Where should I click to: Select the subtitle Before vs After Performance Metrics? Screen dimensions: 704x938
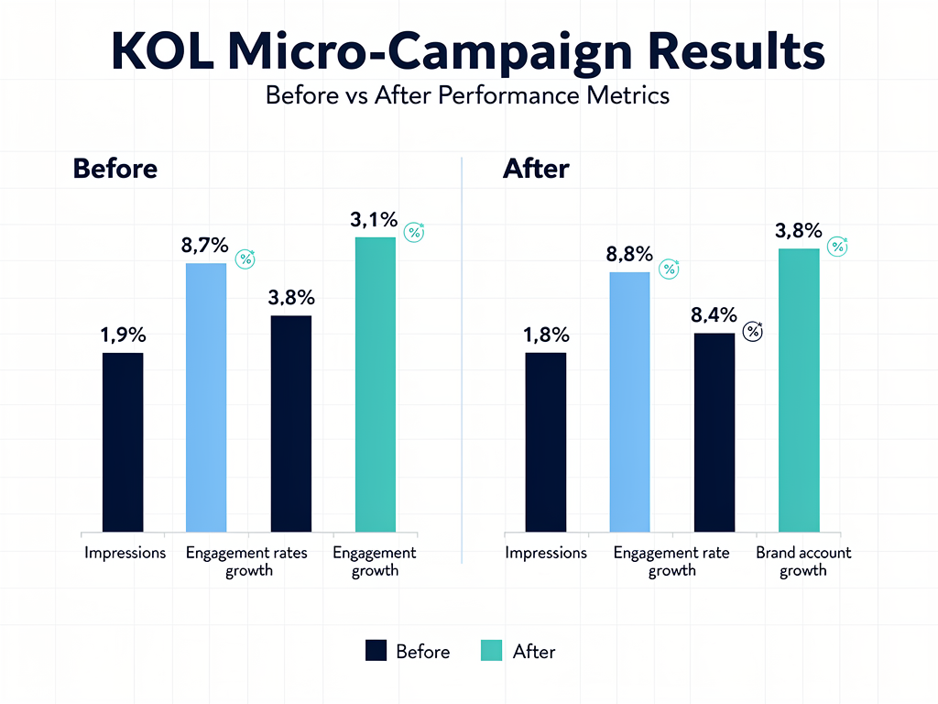[x=467, y=94]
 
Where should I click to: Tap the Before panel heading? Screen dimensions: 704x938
[x=115, y=169]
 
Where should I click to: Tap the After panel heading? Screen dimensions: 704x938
[x=536, y=169]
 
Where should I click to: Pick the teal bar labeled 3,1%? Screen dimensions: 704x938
[x=376, y=384]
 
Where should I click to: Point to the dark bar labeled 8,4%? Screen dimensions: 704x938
[x=714, y=432]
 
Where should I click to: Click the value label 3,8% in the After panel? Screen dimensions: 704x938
[x=798, y=231]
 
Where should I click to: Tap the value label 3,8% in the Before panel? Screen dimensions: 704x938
[x=291, y=297]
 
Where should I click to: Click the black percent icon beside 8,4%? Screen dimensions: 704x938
[x=753, y=331]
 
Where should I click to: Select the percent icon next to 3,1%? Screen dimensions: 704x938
[x=415, y=232]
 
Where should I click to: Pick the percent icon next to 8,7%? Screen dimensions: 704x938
[x=245, y=258]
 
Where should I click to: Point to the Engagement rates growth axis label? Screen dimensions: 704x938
[x=246, y=561]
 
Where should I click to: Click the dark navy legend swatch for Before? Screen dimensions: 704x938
[x=376, y=651]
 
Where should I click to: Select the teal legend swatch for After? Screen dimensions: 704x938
[x=491, y=651]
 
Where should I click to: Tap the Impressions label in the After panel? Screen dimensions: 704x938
[x=546, y=553]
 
